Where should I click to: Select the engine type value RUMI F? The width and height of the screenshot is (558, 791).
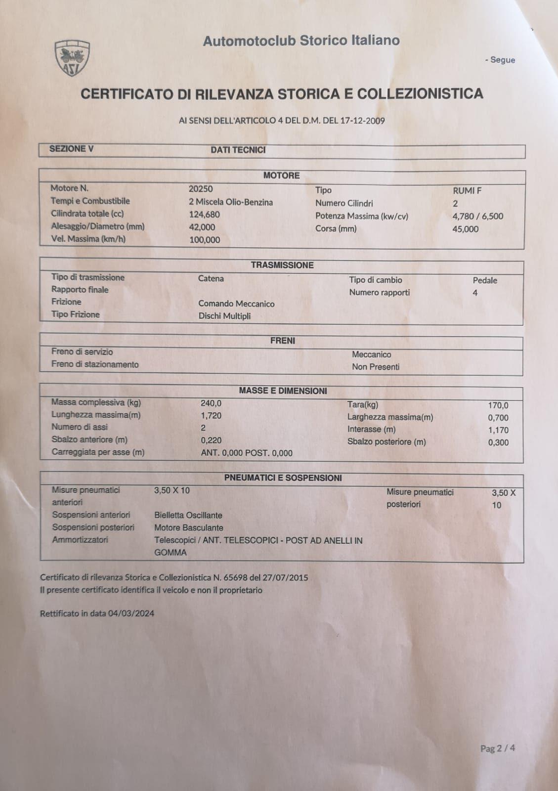click(467, 191)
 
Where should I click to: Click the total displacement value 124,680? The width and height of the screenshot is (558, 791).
click(205, 215)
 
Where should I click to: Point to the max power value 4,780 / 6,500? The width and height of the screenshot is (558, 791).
click(477, 216)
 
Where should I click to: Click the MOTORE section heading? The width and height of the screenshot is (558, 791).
click(281, 176)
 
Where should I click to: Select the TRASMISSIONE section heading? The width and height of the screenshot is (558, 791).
click(282, 265)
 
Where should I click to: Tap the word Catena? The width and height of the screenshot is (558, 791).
click(211, 278)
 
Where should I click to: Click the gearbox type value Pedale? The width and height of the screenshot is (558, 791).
click(485, 280)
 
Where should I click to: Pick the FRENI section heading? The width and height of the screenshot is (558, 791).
click(282, 341)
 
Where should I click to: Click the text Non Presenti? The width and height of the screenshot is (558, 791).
click(376, 367)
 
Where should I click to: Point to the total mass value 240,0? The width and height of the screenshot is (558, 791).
click(211, 403)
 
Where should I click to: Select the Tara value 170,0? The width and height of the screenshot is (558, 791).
click(498, 405)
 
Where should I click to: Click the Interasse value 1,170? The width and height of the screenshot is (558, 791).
click(498, 430)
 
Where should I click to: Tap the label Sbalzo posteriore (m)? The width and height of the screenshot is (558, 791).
click(386, 442)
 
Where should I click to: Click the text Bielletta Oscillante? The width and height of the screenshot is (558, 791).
click(188, 515)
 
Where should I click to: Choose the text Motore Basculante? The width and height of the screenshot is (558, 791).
click(189, 528)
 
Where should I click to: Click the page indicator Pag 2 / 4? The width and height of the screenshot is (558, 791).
click(497, 748)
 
